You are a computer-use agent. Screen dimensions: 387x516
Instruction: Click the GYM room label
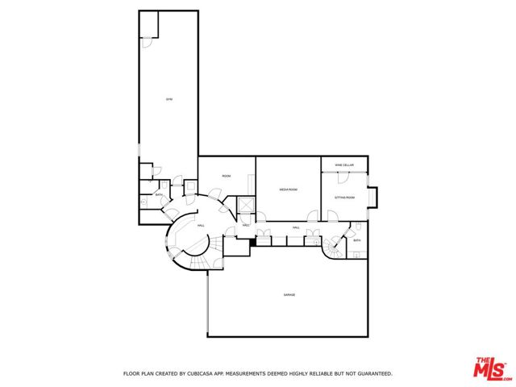[x=169, y=99]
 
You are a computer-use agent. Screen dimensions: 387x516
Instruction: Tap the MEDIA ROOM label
[x=289, y=189]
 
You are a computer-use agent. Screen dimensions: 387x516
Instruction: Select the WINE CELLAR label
[x=344, y=164]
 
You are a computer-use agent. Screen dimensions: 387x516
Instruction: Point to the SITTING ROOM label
[x=344, y=196]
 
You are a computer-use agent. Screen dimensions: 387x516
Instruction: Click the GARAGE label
[x=289, y=295]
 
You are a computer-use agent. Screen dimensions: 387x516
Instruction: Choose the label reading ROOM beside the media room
[x=227, y=175]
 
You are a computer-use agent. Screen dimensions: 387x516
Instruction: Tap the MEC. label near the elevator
[x=245, y=225]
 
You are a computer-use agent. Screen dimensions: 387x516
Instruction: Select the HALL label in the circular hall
[x=201, y=226]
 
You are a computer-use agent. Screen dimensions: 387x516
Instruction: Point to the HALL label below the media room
[x=296, y=228]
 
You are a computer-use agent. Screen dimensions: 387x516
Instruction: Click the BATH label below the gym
[x=159, y=195]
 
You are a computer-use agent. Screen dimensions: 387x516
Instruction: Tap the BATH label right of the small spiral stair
[x=356, y=240]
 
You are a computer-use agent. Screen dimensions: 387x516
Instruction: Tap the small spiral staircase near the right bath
[x=334, y=248]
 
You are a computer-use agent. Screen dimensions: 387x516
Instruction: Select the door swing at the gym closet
[x=148, y=43]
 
